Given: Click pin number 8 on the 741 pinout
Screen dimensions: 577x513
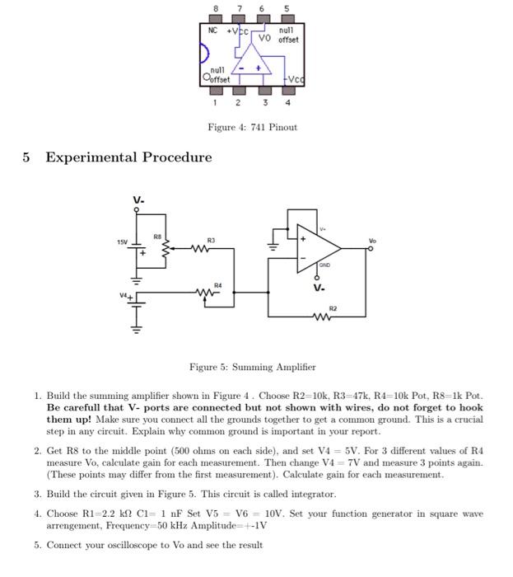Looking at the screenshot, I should (x=216, y=8).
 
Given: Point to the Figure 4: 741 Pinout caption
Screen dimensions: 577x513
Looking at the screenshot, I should (x=253, y=127).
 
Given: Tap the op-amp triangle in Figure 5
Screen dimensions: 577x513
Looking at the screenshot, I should (x=317, y=245).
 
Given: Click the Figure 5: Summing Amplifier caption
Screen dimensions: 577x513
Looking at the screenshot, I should (x=253, y=367).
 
